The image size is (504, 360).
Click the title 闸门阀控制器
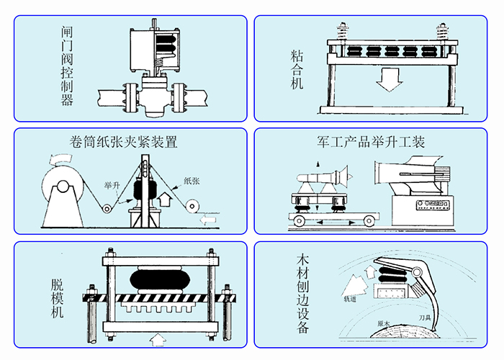[67, 66]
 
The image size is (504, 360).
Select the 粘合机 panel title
[297, 68]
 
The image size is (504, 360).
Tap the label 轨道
[351, 296]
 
